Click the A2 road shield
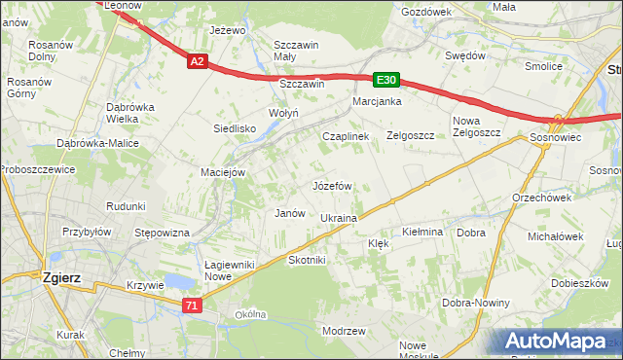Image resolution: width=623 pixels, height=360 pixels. tap(197, 61)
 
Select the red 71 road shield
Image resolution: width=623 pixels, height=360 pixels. tap(192, 306)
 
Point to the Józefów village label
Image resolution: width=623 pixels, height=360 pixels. tap(331, 185)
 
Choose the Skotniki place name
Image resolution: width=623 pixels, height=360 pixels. tap(307, 261)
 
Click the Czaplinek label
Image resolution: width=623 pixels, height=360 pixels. tap(346, 137)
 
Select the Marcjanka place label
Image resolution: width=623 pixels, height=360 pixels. tap(378, 101)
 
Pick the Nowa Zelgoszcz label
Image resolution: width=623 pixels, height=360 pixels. tap(476, 127)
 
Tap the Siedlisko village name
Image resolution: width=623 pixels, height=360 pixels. tap(235, 128)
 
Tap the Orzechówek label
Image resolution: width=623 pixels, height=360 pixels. tap(541, 197)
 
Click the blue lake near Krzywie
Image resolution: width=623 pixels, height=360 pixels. tap(178, 282)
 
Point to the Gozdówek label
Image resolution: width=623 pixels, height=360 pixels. tap(426, 12)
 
